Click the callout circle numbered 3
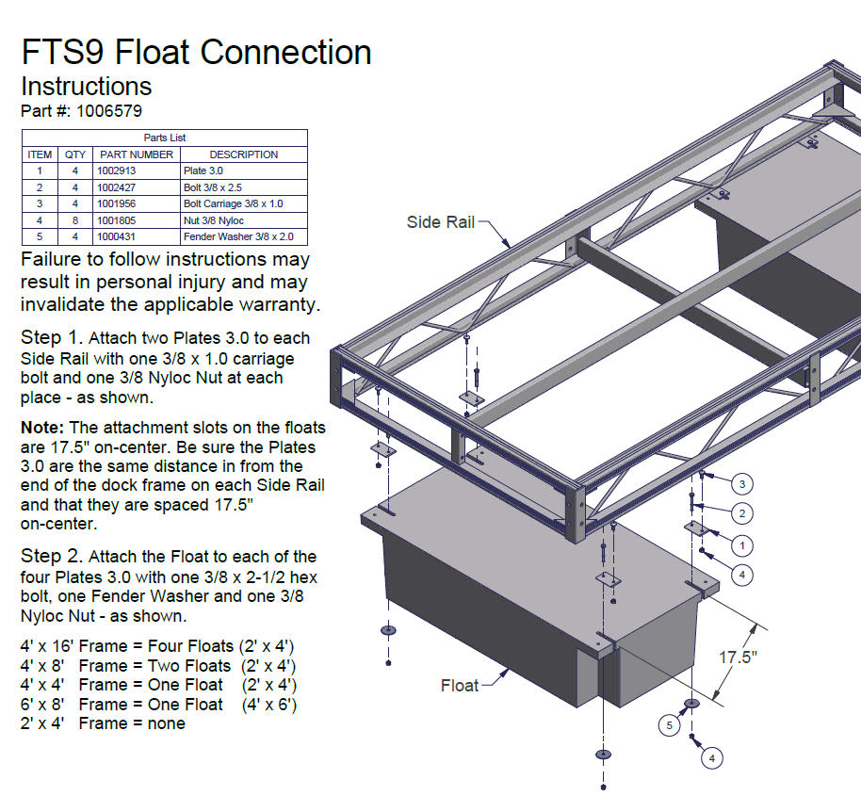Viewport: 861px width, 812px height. tap(742, 485)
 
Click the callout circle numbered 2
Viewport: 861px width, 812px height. tap(742, 513)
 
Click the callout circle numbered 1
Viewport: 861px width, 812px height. tap(742, 544)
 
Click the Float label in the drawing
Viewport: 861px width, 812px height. tap(460, 686)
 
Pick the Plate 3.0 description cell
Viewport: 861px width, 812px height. tap(203, 171)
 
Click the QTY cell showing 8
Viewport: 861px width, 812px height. tap(74, 220)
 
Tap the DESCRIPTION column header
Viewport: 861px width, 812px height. tap(243, 154)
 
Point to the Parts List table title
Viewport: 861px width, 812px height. tap(165, 138)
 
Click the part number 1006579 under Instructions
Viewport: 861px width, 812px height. tap(109, 111)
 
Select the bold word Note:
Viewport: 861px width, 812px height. tap(41, 427)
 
